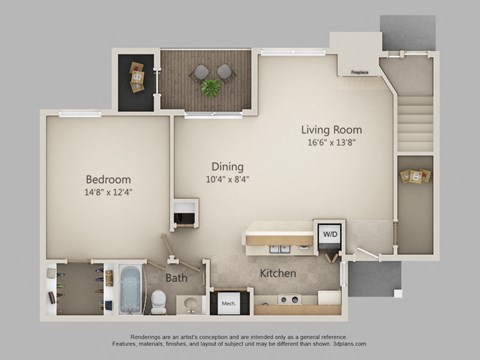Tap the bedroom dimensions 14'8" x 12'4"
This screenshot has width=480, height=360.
(109, 192)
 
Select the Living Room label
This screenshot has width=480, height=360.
(331, 130)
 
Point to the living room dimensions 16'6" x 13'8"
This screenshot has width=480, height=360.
(331, 142)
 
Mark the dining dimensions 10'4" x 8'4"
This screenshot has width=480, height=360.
(228, 180)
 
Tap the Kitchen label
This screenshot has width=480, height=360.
(278, 273)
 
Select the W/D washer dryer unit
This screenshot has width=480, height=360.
(328, 235)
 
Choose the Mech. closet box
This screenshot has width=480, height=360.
(226, 301)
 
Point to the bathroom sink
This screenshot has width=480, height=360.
(190, 303)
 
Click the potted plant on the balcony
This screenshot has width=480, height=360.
(211, 88)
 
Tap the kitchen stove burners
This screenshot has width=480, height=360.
(289, 299)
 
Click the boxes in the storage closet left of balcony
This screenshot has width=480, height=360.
(135, 77)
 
